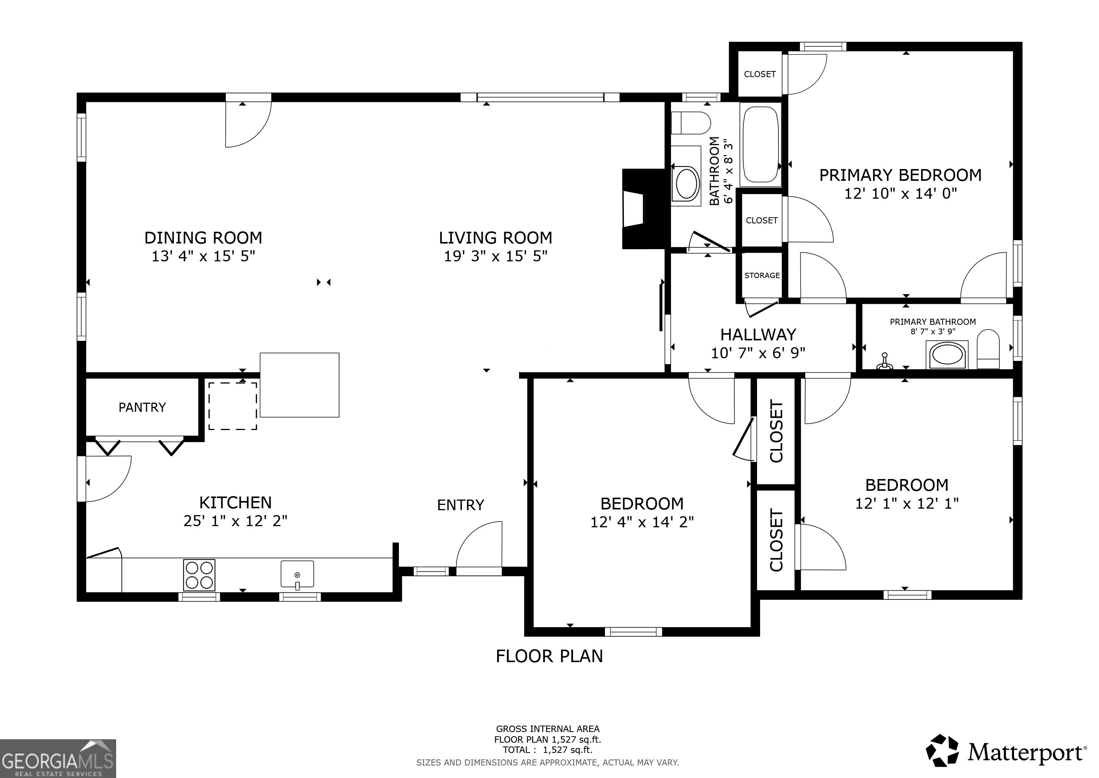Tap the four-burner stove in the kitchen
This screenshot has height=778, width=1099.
pos(199,575)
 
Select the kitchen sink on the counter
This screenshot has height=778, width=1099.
pos(297,574)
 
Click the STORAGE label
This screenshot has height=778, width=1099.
pos(762,275)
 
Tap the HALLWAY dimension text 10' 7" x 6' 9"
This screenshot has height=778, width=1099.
pos(758,353)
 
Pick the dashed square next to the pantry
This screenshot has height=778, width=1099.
pos(233,406)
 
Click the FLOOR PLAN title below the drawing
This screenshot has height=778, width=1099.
pos(549,656)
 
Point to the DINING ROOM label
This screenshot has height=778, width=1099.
pos(203,237)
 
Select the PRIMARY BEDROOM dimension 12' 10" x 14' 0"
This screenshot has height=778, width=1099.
pos(901,193)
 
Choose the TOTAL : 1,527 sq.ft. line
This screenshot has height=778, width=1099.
pos(548,750)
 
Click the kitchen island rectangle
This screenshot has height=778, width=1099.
pos(300,385)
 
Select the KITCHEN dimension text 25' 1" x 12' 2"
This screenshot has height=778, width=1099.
pos(236,521)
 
